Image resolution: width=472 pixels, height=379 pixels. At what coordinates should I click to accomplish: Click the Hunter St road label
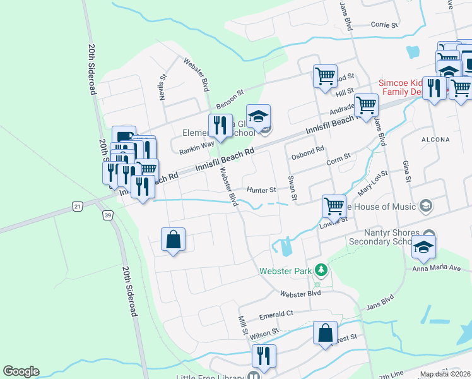261,189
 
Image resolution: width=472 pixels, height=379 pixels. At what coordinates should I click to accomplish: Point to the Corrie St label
385,25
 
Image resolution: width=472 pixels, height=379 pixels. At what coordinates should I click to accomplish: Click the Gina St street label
406,172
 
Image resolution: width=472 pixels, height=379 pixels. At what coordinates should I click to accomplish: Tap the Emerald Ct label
276,313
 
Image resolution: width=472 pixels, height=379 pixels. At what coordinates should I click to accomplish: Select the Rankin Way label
196,148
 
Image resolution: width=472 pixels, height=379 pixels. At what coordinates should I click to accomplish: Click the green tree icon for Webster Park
322,270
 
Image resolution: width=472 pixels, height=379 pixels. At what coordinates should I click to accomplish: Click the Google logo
21,371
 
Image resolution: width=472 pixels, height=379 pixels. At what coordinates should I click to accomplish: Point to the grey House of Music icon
426,206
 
